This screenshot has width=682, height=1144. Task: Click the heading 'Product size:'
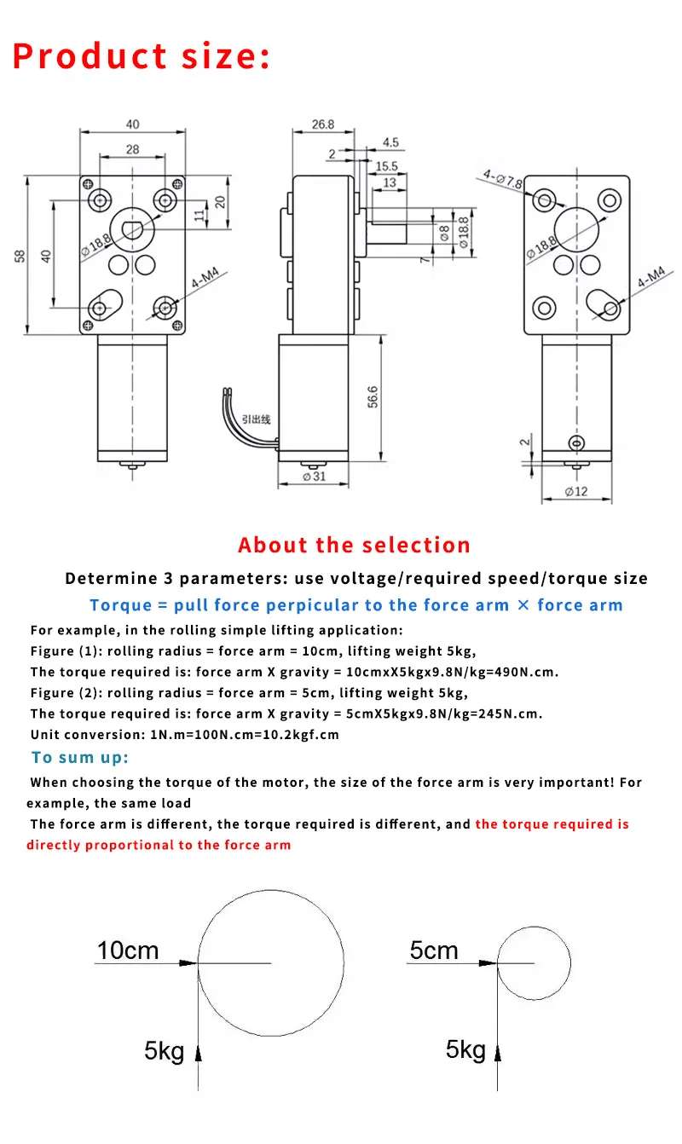tap(142, 56)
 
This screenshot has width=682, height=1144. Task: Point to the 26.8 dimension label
tap(322, 124)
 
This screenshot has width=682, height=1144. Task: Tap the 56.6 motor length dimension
tap(373, 397)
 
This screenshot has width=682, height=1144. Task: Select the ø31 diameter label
tap(314, 477)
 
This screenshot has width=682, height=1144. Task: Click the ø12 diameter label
tap(577, 491)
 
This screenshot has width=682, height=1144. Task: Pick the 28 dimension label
tap(132, 149)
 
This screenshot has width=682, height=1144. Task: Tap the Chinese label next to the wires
tap(255, 419)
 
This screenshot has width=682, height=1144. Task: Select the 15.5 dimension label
tap(386, 166)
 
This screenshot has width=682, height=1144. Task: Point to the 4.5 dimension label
tap(390, 142)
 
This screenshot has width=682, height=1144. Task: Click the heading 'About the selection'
tap(354, 545)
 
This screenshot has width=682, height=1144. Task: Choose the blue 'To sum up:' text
tap(80, 757)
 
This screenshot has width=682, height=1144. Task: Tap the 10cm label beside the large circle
tap(128, 950)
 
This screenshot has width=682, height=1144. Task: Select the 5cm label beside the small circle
tap(433, 950)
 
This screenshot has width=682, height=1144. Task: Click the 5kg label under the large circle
tap(164, 1051)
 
